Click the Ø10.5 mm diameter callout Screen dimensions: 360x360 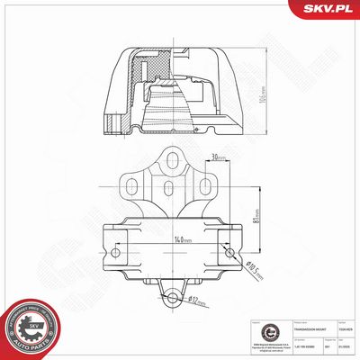[x=254, y=267]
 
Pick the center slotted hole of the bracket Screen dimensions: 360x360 [x=171, y=189]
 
